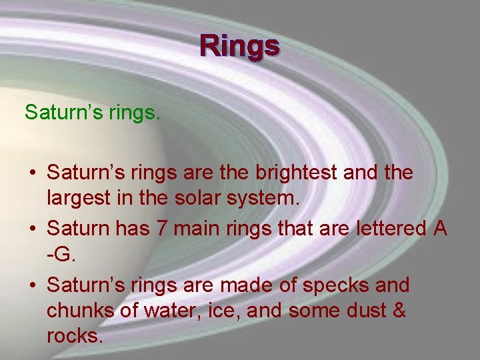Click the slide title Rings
(240, 46)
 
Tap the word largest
(77, 198)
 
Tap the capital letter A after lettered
(439, 229)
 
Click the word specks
(332, 285)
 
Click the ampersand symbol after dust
(398, 310)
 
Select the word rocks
(75, 335)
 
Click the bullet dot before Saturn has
(32, 229)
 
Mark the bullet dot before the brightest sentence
(32, 173)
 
